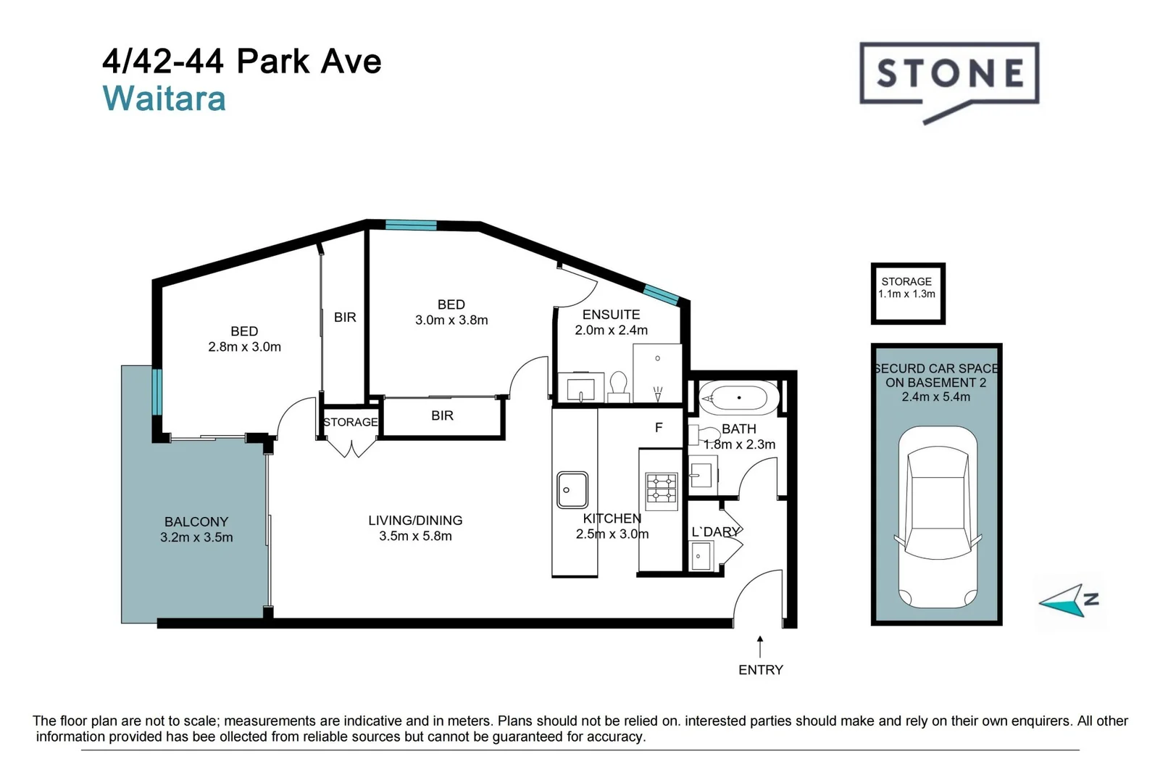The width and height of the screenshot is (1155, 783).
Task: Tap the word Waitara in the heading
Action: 164,98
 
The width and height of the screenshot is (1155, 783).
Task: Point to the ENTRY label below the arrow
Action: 761,670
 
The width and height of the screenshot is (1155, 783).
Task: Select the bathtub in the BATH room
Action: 739,398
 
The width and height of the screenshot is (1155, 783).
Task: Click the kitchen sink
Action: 572,489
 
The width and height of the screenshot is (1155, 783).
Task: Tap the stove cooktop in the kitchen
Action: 662,488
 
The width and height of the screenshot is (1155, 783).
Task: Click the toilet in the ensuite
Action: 618,387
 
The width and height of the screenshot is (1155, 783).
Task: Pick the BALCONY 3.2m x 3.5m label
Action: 196,529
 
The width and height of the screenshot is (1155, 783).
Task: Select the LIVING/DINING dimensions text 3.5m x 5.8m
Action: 416,536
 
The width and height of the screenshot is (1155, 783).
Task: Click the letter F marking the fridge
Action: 659,428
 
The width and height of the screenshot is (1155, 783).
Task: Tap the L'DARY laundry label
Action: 716,532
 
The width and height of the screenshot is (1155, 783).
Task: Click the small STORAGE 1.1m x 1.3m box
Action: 907,294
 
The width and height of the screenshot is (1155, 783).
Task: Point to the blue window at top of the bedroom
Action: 411,225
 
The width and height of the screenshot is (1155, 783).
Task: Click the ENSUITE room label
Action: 611,315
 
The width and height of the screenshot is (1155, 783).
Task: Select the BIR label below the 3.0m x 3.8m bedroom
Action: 443,415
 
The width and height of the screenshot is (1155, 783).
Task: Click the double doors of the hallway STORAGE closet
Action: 351,448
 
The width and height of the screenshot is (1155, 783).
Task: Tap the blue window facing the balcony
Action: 157,391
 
